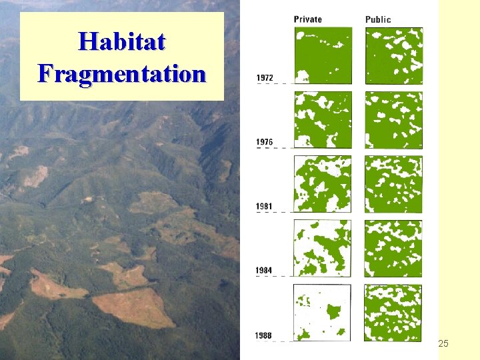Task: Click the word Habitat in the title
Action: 121,41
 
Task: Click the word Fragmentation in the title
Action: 121,72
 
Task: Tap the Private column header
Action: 307,19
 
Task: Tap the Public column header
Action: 378,19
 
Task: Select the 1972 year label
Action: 265,78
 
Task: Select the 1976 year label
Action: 265,142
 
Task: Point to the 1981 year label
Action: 265,207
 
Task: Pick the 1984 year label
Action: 265,270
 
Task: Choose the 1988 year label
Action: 264,335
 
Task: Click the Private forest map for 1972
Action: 323,55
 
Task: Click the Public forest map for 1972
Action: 393,55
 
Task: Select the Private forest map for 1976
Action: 323,120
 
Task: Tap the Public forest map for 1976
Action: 393,120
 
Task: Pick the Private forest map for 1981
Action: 323,184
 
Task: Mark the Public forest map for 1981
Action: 393,184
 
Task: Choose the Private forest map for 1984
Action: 323,248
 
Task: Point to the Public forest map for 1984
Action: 393,248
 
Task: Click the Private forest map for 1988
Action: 323,313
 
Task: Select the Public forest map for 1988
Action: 393,313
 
